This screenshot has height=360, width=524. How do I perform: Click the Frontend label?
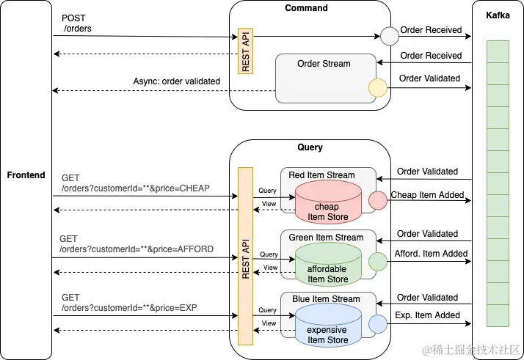(26, 175)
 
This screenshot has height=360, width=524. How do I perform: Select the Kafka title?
(498, 15)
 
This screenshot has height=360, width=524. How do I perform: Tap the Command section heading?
(307, 8)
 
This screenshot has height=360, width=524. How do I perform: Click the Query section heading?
(310, 147)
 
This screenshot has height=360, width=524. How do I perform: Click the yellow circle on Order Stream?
(377, 89)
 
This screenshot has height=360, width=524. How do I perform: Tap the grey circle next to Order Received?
(388, 35)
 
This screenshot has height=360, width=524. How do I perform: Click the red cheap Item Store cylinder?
(328, 202)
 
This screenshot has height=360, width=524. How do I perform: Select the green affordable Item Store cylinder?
(328, 264)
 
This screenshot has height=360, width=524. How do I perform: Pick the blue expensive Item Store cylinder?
(328, 326)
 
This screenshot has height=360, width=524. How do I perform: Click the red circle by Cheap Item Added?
(377, 199)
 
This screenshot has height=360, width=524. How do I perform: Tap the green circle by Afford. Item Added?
(377, 261)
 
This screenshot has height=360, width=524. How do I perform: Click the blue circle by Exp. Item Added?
(377, 323)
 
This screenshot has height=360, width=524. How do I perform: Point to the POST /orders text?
(76, 23)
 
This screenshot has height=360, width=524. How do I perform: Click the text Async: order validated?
(176, 81)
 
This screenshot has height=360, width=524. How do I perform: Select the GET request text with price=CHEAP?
(135, 183)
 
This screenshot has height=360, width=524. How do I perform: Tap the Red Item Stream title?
(321, 175)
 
